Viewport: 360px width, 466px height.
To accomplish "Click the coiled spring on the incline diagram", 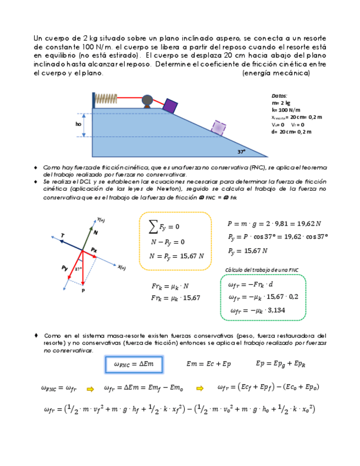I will [x=106, y=99].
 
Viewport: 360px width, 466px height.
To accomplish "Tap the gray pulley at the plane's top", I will [x=147, y=100].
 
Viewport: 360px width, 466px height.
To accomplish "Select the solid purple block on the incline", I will [x=170, y=106].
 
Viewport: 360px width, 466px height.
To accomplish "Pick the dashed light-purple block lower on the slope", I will [x=218, y=127].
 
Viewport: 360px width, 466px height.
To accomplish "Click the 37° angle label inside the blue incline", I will [x=241, y=151].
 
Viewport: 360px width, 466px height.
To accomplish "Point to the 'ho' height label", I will [x=79, y=124].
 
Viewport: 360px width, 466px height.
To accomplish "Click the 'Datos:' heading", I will [x=279, y=96].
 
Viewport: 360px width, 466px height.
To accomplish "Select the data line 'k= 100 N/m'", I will [x=285, y=110].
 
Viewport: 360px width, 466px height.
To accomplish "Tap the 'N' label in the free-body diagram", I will [x=95, y=233].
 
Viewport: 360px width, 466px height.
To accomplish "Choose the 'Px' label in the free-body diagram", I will [x=94, y=250].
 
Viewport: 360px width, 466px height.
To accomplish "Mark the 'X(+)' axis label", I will [x=121, y=268].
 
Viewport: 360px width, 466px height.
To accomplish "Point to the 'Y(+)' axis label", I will [x=101, y=220].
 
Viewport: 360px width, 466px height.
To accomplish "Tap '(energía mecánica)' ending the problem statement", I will [x=276, y=74].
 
